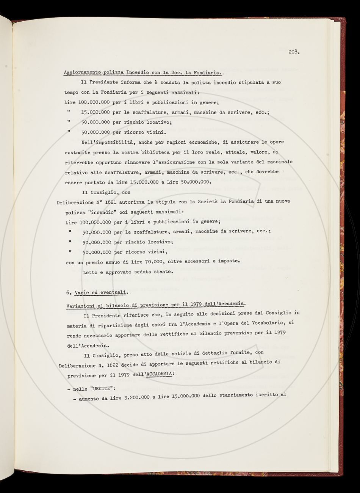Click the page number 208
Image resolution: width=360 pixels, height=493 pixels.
(294, 52)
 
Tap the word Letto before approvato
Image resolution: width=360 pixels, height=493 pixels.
(90, 271)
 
